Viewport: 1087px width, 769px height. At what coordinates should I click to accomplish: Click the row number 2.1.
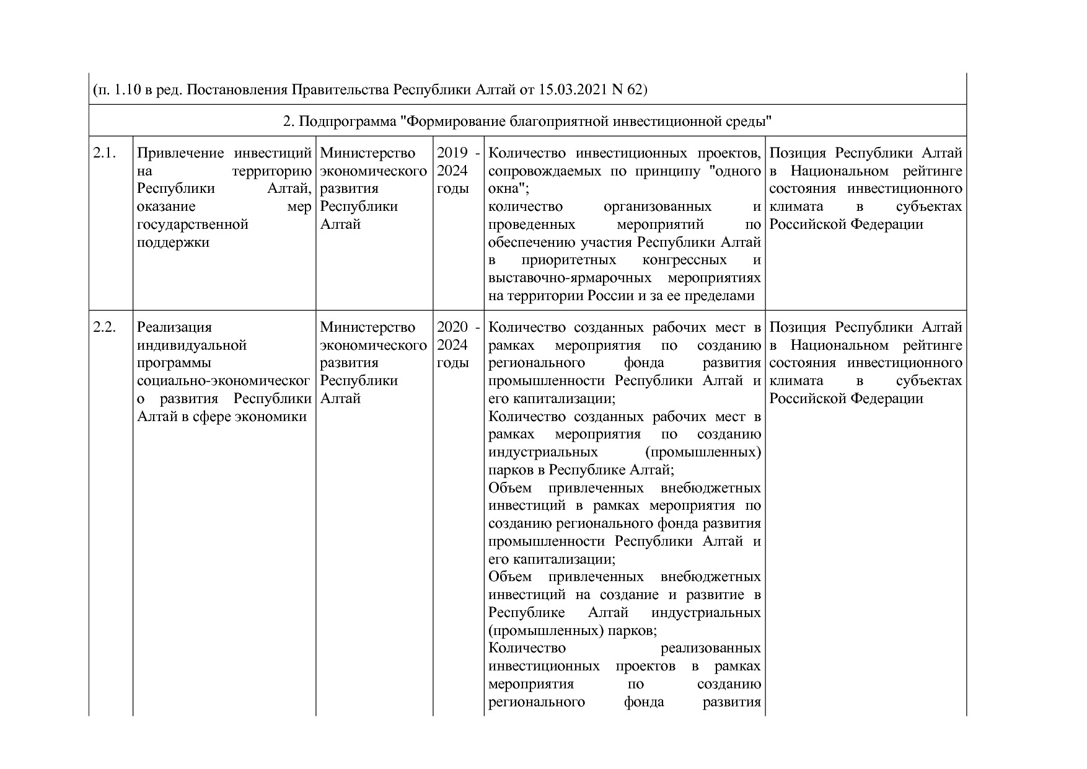(104, 153)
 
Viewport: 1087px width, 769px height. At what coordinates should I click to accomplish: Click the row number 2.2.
(104, 327)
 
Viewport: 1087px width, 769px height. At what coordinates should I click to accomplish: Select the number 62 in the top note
(633, 90)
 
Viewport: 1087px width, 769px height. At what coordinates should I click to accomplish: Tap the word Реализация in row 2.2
(174, 327)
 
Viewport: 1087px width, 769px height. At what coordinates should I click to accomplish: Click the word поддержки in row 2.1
(173, 242)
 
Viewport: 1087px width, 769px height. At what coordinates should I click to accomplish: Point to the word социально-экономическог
(224, 381)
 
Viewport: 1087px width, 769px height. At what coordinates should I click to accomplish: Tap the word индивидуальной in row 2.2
(191, 345)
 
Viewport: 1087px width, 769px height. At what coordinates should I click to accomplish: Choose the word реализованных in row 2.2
(711, 649)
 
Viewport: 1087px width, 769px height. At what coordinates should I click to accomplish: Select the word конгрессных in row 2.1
(684, 260)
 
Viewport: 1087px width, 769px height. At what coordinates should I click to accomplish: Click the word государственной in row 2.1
(193, 224)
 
